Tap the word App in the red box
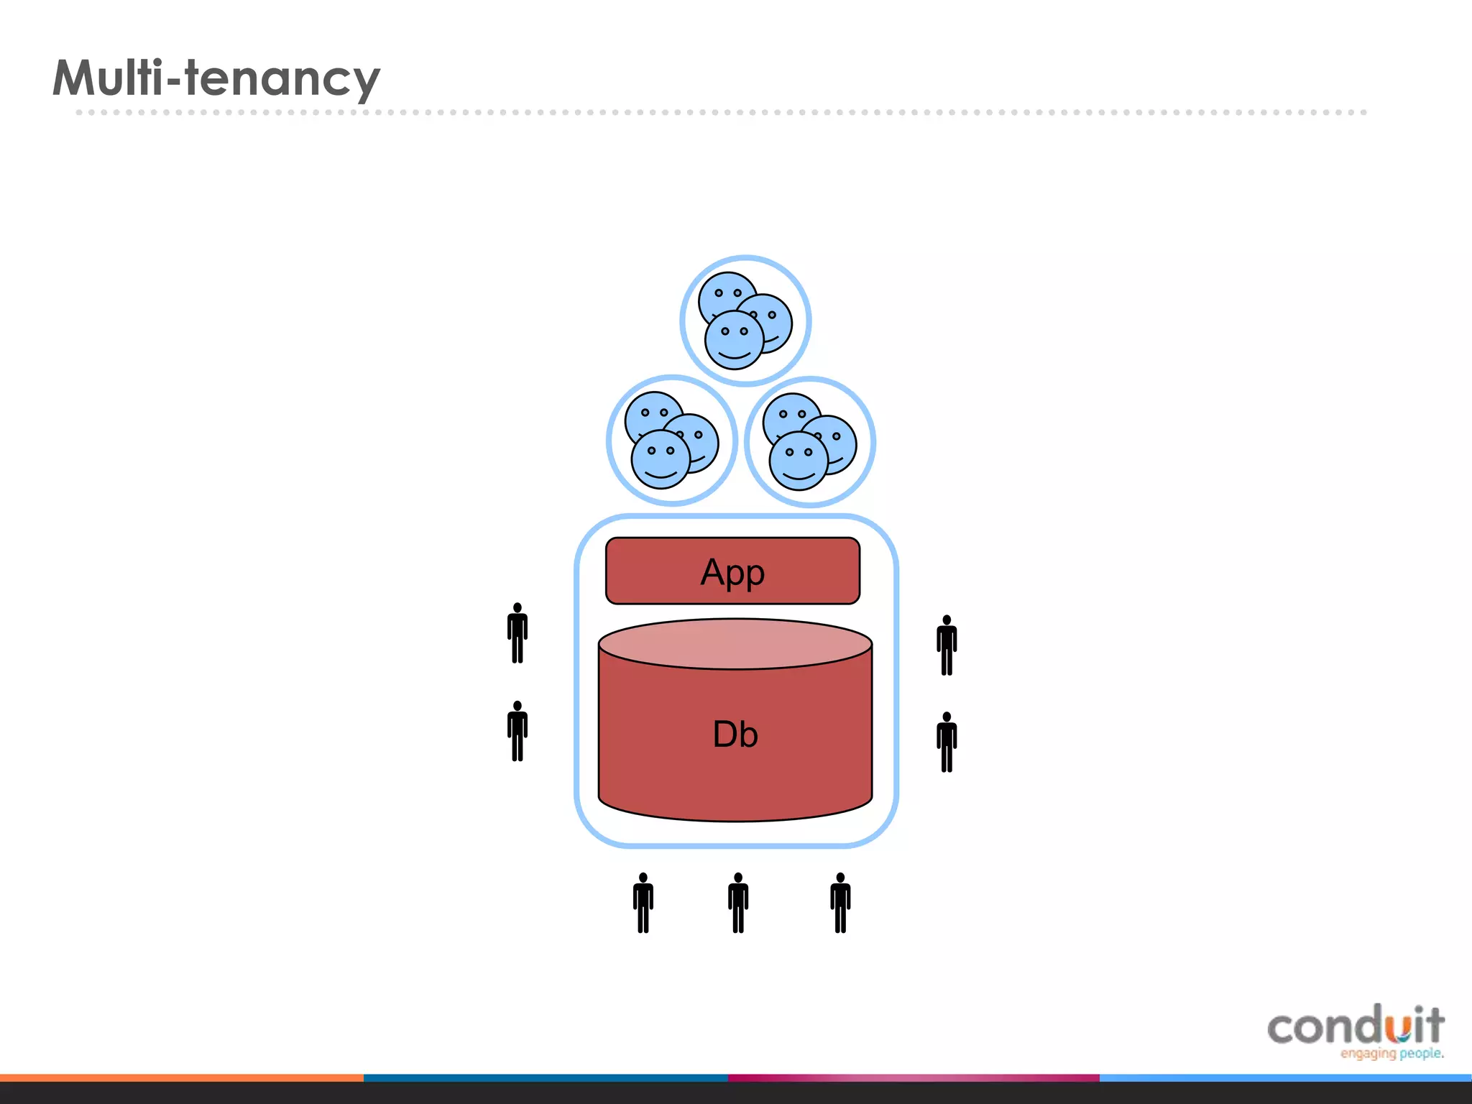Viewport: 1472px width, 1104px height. (x=732, y=572)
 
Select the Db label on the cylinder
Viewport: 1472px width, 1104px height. (x=735, y=734)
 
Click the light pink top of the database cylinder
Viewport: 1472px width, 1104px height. (x=735, y=643)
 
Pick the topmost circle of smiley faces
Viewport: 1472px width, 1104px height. (x=745, y=321)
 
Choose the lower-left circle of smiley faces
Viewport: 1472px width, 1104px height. (x=672, y=441)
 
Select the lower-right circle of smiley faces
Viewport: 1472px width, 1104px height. (x=810, y=441)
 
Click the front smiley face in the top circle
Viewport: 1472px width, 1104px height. (x=734, y=340)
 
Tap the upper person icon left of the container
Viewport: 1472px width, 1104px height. (x=517, y=633)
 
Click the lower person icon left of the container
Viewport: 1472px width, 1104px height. (x=517, y=731)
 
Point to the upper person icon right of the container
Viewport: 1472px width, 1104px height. (x=947, y=645)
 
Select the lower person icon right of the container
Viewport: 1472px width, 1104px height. (x=947, y=742)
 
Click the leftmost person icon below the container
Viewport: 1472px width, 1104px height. (x=643, y=903)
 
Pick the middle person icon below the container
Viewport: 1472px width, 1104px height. (x=738, y=903)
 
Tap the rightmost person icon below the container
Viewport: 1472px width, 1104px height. (x=840, y=903)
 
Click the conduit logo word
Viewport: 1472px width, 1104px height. (x=1356, y=1026)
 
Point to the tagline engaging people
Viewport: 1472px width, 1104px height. (x=1391, y=1054)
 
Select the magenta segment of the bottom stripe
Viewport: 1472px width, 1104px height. (x=913, y=1078)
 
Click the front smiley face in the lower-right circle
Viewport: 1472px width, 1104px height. (x=799, y=461)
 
